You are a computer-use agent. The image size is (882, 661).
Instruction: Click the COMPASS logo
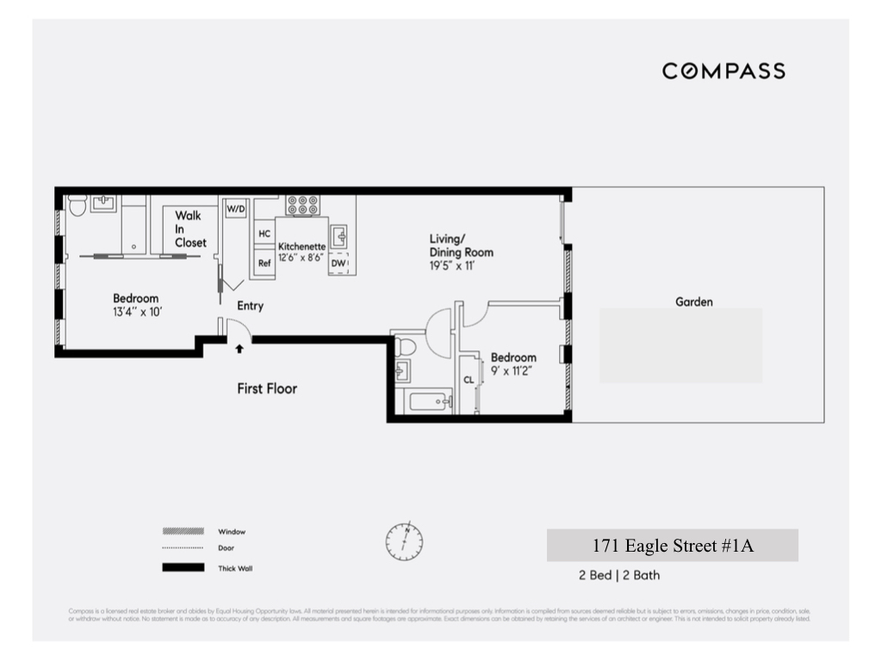[724, 71]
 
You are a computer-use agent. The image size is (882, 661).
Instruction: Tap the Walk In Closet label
[189, 229]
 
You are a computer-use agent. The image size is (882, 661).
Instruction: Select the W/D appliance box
[236, 209]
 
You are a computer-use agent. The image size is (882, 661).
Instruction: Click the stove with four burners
[302, 205]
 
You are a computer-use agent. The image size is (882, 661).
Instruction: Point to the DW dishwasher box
[339, 263]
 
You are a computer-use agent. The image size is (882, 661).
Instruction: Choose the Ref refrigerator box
[264, 263]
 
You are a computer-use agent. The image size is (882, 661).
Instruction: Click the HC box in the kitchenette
[264, 233]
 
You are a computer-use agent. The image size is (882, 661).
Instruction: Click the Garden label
[694, 302]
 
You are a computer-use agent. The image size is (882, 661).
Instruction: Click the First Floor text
[267, 388]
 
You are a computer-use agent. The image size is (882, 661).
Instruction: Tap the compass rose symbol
[404, 541]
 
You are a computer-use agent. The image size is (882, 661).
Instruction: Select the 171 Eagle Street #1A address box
[673, 546]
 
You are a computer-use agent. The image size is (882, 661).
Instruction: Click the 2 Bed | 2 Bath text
[619, 575]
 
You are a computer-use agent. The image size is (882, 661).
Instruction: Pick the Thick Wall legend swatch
[183, 567]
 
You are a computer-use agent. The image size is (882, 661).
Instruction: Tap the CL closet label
[469, 380]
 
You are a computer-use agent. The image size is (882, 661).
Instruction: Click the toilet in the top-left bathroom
[76, 207]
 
